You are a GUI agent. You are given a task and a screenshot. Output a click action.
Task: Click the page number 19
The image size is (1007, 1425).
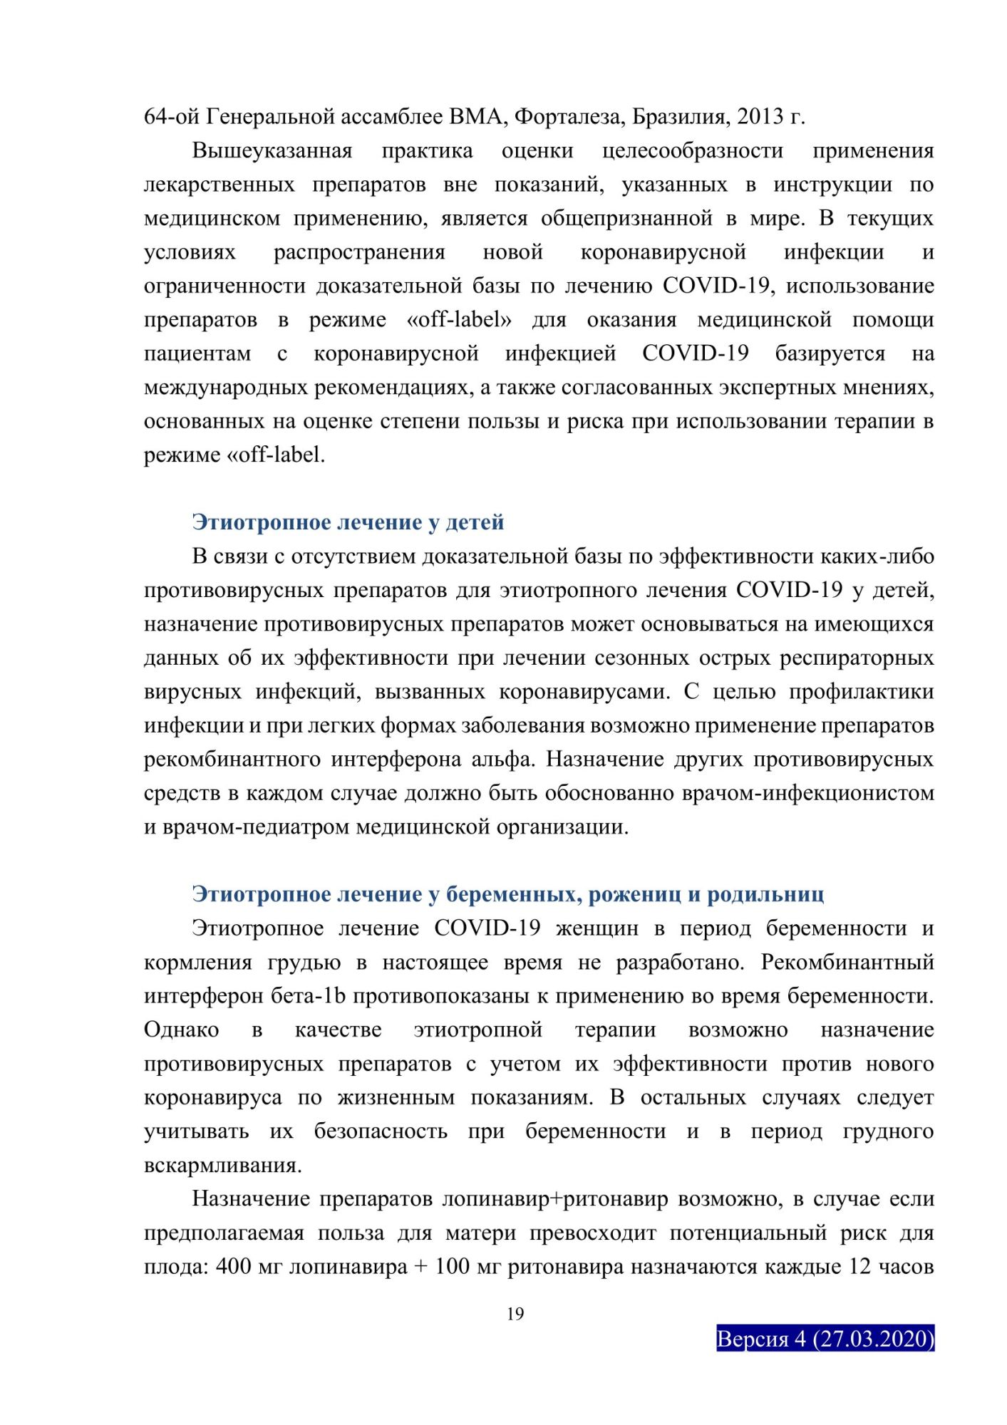click(515, 1314)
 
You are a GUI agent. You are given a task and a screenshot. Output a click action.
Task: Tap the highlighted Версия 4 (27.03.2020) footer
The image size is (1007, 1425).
click(825, 1339)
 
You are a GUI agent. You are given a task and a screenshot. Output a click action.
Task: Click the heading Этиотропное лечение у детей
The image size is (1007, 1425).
click(348, 522)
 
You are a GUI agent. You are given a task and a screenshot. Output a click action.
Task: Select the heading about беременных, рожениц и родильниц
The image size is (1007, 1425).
click(507, 894)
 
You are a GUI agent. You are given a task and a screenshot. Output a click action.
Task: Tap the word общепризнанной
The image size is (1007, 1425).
click(626, 218)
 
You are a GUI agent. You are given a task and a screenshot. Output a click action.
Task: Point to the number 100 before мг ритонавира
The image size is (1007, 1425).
click(452, 1267)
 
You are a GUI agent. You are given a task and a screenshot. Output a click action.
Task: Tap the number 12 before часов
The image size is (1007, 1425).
click(859, 1267)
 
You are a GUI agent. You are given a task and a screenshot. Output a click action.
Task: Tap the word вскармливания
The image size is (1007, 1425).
click(223, 1166)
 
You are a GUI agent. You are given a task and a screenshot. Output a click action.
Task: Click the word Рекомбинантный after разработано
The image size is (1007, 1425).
click(847, 963)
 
